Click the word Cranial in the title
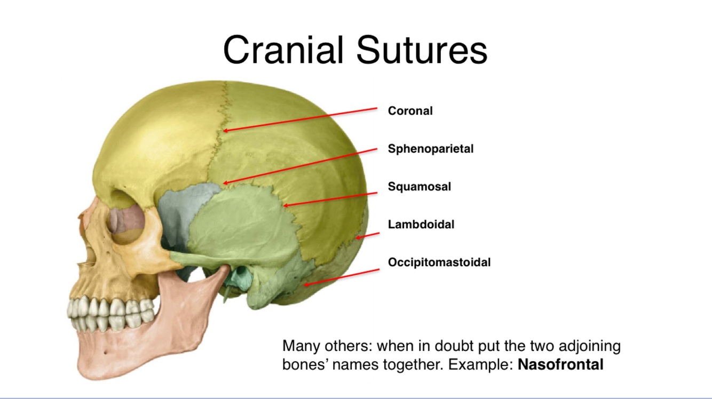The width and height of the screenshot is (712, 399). [x=283, y=50]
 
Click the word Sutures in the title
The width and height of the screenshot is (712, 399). [x=421, y=50]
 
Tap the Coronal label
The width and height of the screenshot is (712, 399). [x=410, y=111]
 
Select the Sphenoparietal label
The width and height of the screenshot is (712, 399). [x=430, y=149]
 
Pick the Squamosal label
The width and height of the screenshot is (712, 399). [x=419, y=187]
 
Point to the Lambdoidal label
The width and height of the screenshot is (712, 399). [x=421, y=225]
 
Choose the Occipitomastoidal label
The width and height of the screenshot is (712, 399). [x=439, y=262]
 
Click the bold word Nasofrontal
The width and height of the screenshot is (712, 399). [x=560, y=365]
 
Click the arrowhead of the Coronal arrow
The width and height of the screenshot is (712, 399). [x=225, y=130]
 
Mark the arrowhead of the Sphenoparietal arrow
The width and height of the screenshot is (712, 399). [x=224, y=183]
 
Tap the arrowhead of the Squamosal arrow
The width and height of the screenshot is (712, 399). [x=285, y=205]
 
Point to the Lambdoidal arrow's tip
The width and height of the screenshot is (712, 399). [x=358, y=237]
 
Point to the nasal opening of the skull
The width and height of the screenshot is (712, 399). [x=85, y=256]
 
